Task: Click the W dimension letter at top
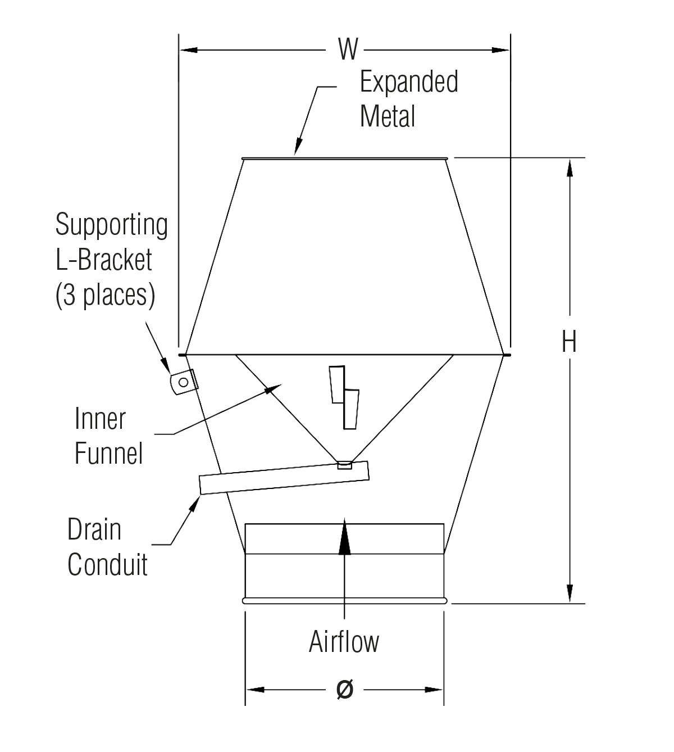(x=348, y=49)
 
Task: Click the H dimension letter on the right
(x=569, y=341)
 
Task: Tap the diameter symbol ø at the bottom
(x=345, y=689)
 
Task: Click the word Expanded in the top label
(x=409, y=82)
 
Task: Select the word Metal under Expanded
(x=388, y=116)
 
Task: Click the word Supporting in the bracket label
(x=111, y=225)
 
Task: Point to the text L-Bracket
(x=104, y=260)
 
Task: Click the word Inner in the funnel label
(x=100, y=419)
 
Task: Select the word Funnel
(x=109, y=453)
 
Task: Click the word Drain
(x=94, y=529)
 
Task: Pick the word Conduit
(x=107, y=564)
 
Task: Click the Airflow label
(x=344, y=641)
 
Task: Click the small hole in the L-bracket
(x=183, y=382)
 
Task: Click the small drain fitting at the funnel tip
(x=344, y=465)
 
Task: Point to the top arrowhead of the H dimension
(x=570, y=168)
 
